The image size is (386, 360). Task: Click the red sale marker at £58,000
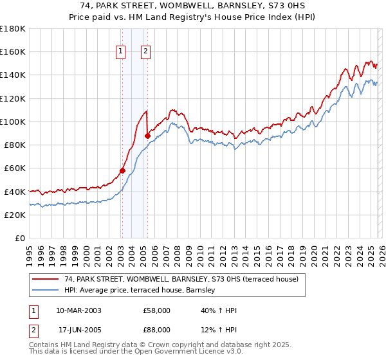pos(122,171)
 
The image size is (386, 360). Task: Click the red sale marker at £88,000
pos(147,136)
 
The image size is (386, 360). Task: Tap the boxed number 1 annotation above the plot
pos(120,52)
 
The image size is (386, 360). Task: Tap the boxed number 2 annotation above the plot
pos(146,52)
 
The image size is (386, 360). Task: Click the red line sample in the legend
pos(45,280)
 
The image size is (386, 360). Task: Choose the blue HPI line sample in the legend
pos(45,291)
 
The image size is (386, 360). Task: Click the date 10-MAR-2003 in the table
pos(78,310)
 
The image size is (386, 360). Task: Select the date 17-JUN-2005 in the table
pos(78,331)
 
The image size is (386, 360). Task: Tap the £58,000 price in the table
pos(156,310)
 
